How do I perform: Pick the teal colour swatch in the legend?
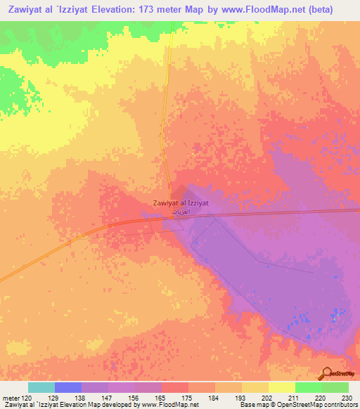[x=41, y=387]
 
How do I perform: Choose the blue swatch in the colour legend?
[x=67, y=387]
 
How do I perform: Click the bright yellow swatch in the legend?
[x=281, y=387]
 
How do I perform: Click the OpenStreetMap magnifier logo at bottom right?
[x=328, y=374]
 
